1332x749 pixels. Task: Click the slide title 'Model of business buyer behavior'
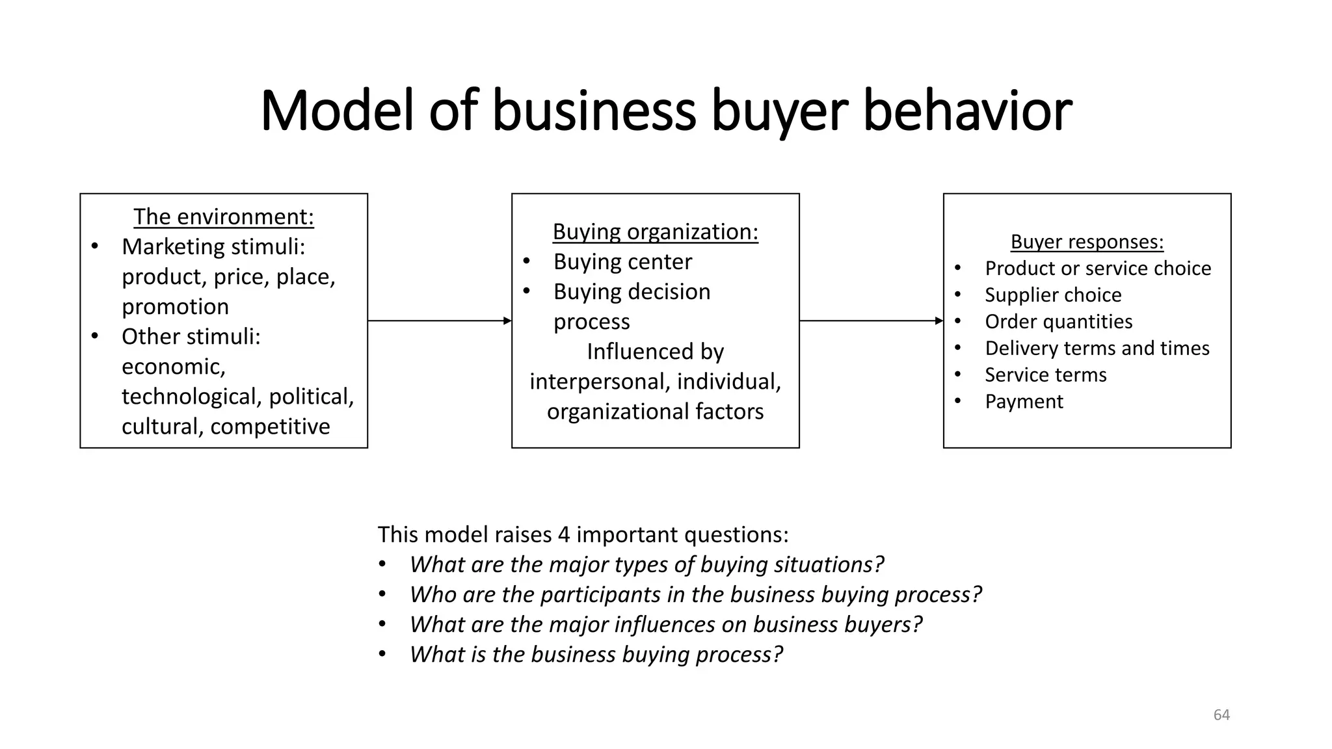click(665, 111)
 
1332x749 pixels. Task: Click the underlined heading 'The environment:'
click(224, 217)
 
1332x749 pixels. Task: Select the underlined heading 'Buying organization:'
click(655, 231)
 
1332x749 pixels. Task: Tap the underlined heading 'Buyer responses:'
click(1087, 242)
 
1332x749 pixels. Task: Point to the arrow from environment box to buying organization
click(440, 321)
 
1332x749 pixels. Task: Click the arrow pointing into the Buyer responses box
click(871, 321)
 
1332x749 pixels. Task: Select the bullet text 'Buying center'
click(622, 261)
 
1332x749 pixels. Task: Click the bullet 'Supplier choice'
click(1053, 295)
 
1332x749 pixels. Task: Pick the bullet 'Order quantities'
click(1058, 322)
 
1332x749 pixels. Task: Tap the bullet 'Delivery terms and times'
click(1097, 348)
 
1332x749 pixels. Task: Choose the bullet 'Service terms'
click(1045, 375)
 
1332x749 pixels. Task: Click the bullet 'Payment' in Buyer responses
click(1024, 402)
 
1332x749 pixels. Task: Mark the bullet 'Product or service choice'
click(1098, 269)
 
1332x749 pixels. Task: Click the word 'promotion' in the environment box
click(175, 306)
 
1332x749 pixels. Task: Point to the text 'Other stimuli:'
click(191, 337)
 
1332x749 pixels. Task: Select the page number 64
click(1221, 715)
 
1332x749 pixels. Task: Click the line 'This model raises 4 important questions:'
click(583, 534)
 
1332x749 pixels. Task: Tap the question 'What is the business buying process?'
click(596, 654)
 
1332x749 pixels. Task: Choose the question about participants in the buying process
click(695, 594)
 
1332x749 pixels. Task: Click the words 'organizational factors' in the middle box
click(655, 412)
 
